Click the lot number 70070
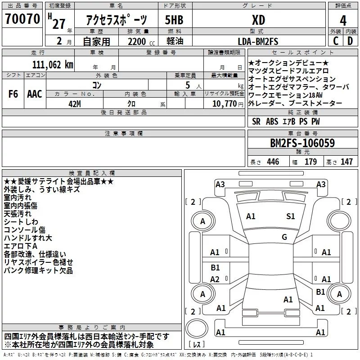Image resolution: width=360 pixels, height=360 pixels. (22, 19)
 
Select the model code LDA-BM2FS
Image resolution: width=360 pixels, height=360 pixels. (258, 41)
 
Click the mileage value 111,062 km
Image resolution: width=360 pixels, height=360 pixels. (53, 64)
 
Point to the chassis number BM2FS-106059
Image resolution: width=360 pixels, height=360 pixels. (302, 144)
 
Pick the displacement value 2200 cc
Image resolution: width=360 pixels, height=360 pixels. (139, 41)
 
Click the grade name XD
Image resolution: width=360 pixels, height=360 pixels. (257, 20)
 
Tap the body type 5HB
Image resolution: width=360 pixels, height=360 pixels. (174, 20)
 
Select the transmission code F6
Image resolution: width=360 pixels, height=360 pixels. (13, 94)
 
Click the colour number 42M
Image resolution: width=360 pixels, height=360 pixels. (75, 103)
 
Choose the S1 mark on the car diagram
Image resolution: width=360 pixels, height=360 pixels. (291, 216)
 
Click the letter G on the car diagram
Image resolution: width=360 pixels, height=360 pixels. (284, 237)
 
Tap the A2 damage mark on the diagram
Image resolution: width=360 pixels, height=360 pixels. (215, 279)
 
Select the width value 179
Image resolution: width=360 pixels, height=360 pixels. (311, 162)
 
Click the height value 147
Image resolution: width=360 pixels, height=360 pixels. (346, 162)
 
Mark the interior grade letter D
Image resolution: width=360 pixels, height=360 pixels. (350, 41)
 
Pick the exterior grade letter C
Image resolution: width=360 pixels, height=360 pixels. (336, 41)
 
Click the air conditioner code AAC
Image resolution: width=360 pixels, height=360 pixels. (35, 94)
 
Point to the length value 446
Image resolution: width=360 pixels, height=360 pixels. (273, 162)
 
